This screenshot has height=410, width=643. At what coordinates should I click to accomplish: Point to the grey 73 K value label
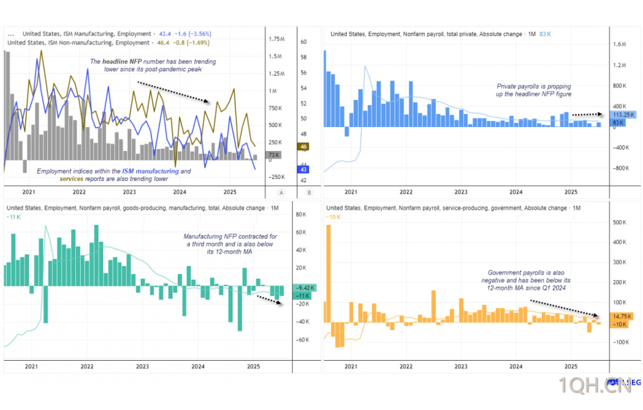(274, 156)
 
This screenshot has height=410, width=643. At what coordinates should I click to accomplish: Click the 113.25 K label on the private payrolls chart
(623, 114)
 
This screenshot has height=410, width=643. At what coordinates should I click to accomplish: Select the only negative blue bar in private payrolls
(347, 132)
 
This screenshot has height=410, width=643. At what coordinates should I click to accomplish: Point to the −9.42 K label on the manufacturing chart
(304, 288)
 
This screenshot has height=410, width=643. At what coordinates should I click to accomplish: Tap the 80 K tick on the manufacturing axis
(300, 215)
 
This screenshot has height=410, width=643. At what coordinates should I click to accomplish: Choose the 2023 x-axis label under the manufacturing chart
(142, 366)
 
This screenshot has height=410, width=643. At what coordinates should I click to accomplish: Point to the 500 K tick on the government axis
(620, 222)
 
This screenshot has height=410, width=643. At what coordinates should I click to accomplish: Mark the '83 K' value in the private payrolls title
(545, 33)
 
